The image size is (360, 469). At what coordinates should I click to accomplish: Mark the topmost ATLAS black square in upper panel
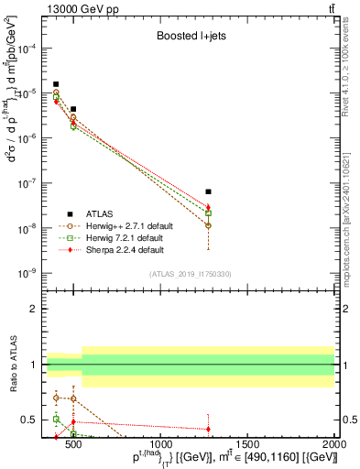click(56, 84)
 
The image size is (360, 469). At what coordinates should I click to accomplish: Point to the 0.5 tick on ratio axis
click(30, 420)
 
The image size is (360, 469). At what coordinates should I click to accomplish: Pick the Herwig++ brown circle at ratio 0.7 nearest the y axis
click(56, 398)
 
